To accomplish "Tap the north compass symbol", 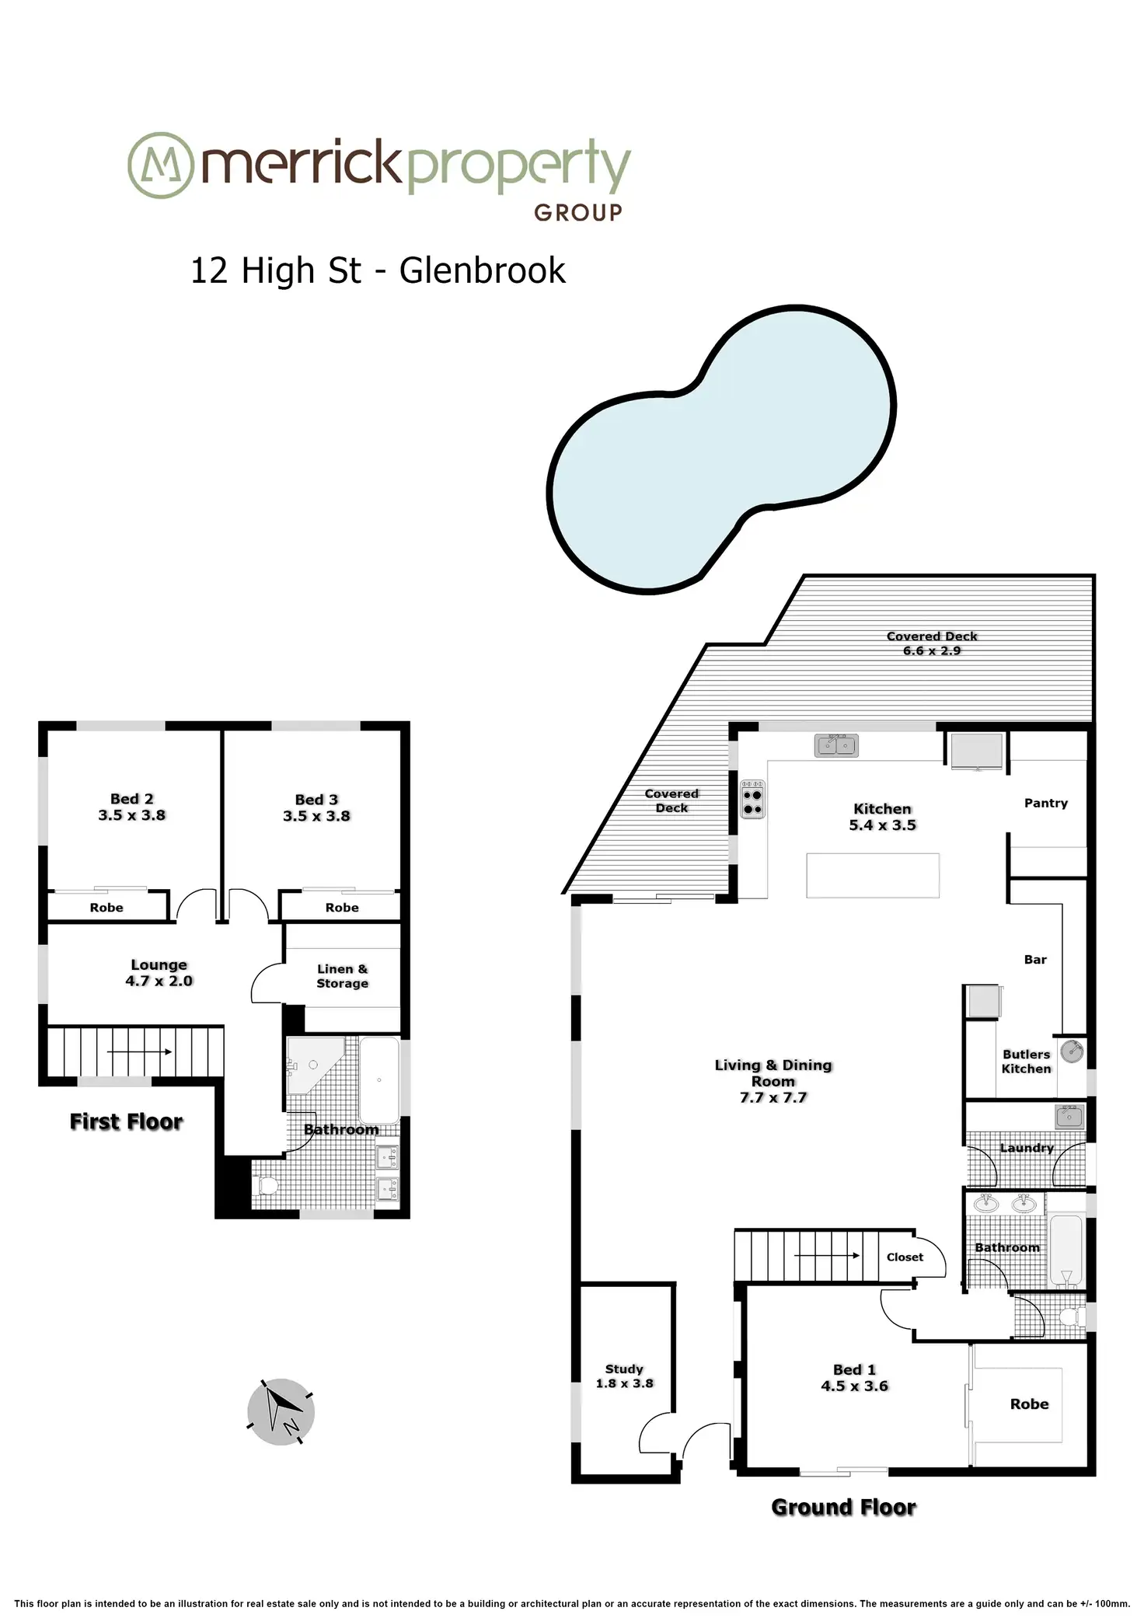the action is [x=281, y=1412].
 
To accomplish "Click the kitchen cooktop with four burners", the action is [x=752, y=799].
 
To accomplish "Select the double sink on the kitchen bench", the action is [x=836, y=745].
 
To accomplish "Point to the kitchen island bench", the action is [x=873, y=875].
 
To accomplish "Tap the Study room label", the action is [x=624, y=1369].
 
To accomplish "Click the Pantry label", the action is [x=1046, y=803].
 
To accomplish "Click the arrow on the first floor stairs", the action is [x=139, y=1052].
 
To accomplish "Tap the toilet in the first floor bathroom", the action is [x=265, y=1187].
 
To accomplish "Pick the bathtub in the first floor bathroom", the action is [x=379, y=1080].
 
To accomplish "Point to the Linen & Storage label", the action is [x=342, y=976].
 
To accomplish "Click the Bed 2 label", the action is [x=132, y=799].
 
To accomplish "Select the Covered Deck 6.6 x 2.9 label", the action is [x=932, y=643].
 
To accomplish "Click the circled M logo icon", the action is [x=160, y=165].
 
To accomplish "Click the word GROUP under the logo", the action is [x=578, y=213].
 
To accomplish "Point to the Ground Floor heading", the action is [x=844, y=1507].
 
